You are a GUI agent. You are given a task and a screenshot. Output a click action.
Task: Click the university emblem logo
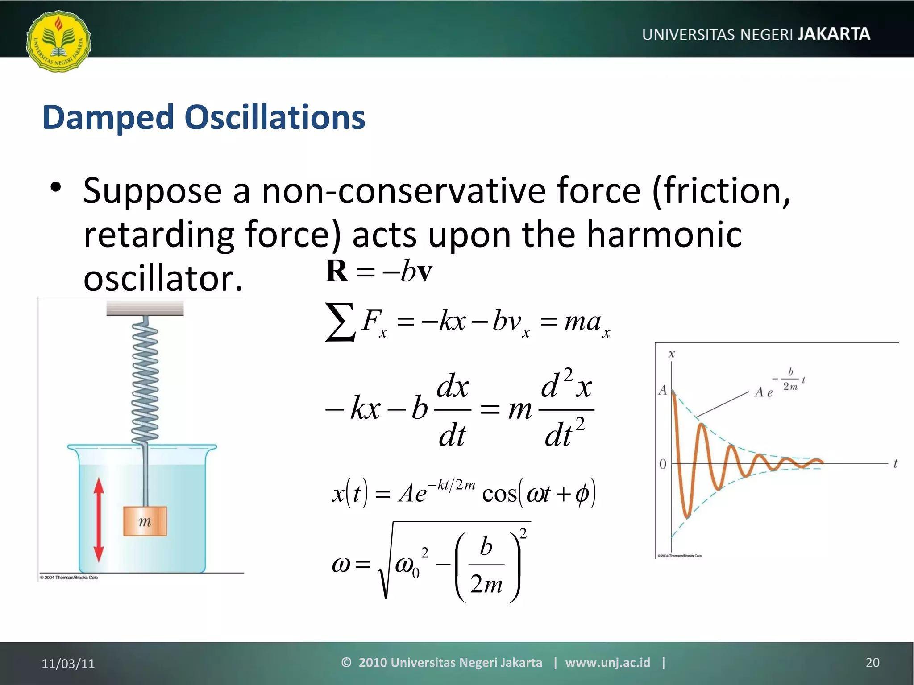click(58, 41)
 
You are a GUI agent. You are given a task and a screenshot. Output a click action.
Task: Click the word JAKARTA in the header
click(833, 34)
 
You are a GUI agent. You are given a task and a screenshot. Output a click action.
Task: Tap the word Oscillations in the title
click(274, 117)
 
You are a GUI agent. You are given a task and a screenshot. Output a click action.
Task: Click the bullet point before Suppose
click(55, 187)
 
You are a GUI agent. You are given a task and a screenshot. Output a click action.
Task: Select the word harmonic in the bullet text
click(664, 235)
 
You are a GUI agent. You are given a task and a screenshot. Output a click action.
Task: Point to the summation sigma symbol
click(340, 322)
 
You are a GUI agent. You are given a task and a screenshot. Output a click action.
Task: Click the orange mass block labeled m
click(145, 521)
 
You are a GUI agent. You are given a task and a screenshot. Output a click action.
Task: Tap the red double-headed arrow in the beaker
click(99, 520)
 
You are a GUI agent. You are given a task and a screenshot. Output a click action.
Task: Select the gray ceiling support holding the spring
click(145, 308)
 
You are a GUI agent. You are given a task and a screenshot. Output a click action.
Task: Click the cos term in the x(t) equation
click(499, 494)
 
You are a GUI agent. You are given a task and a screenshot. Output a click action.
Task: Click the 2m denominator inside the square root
click(486, 584)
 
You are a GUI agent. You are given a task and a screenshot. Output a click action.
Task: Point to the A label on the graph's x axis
click(662, 391)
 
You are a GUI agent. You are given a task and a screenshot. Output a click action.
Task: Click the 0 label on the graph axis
click(663, 464)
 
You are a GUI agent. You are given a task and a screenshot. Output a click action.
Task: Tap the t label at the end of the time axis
click(895, 464)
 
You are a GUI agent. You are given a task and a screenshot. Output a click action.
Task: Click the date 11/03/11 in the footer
click(68, 664)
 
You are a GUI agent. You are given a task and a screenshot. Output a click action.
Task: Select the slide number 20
click(872, 663)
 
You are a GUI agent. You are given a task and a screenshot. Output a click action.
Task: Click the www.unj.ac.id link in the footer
click(607, 663)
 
